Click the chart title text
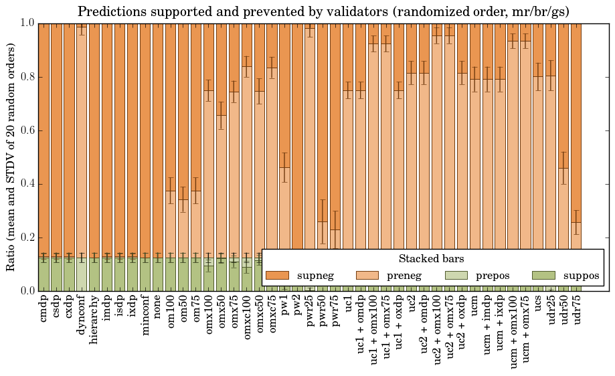tap(323, 11)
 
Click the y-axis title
tap(11, 157)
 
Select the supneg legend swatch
tap(277, 276)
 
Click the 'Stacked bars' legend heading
tap(432, 258)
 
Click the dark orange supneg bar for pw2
tap(298, 134)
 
